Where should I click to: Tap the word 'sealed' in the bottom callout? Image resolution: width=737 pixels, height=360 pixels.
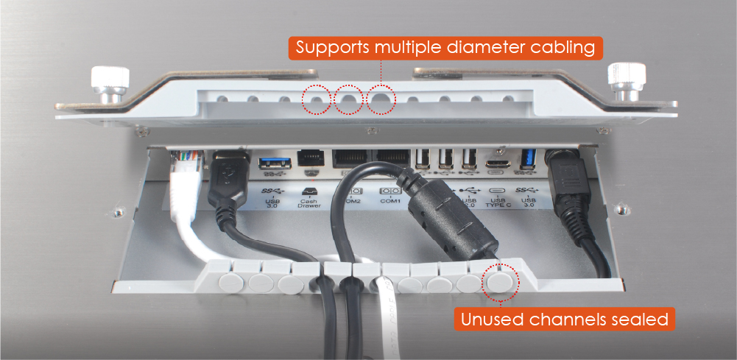click(641, 320)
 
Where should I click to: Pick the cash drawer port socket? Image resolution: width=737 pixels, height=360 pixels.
click(308, 158)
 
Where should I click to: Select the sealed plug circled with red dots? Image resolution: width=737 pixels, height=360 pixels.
click(500, 283)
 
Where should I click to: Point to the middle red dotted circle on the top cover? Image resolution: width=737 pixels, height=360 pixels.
click(348, 99)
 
